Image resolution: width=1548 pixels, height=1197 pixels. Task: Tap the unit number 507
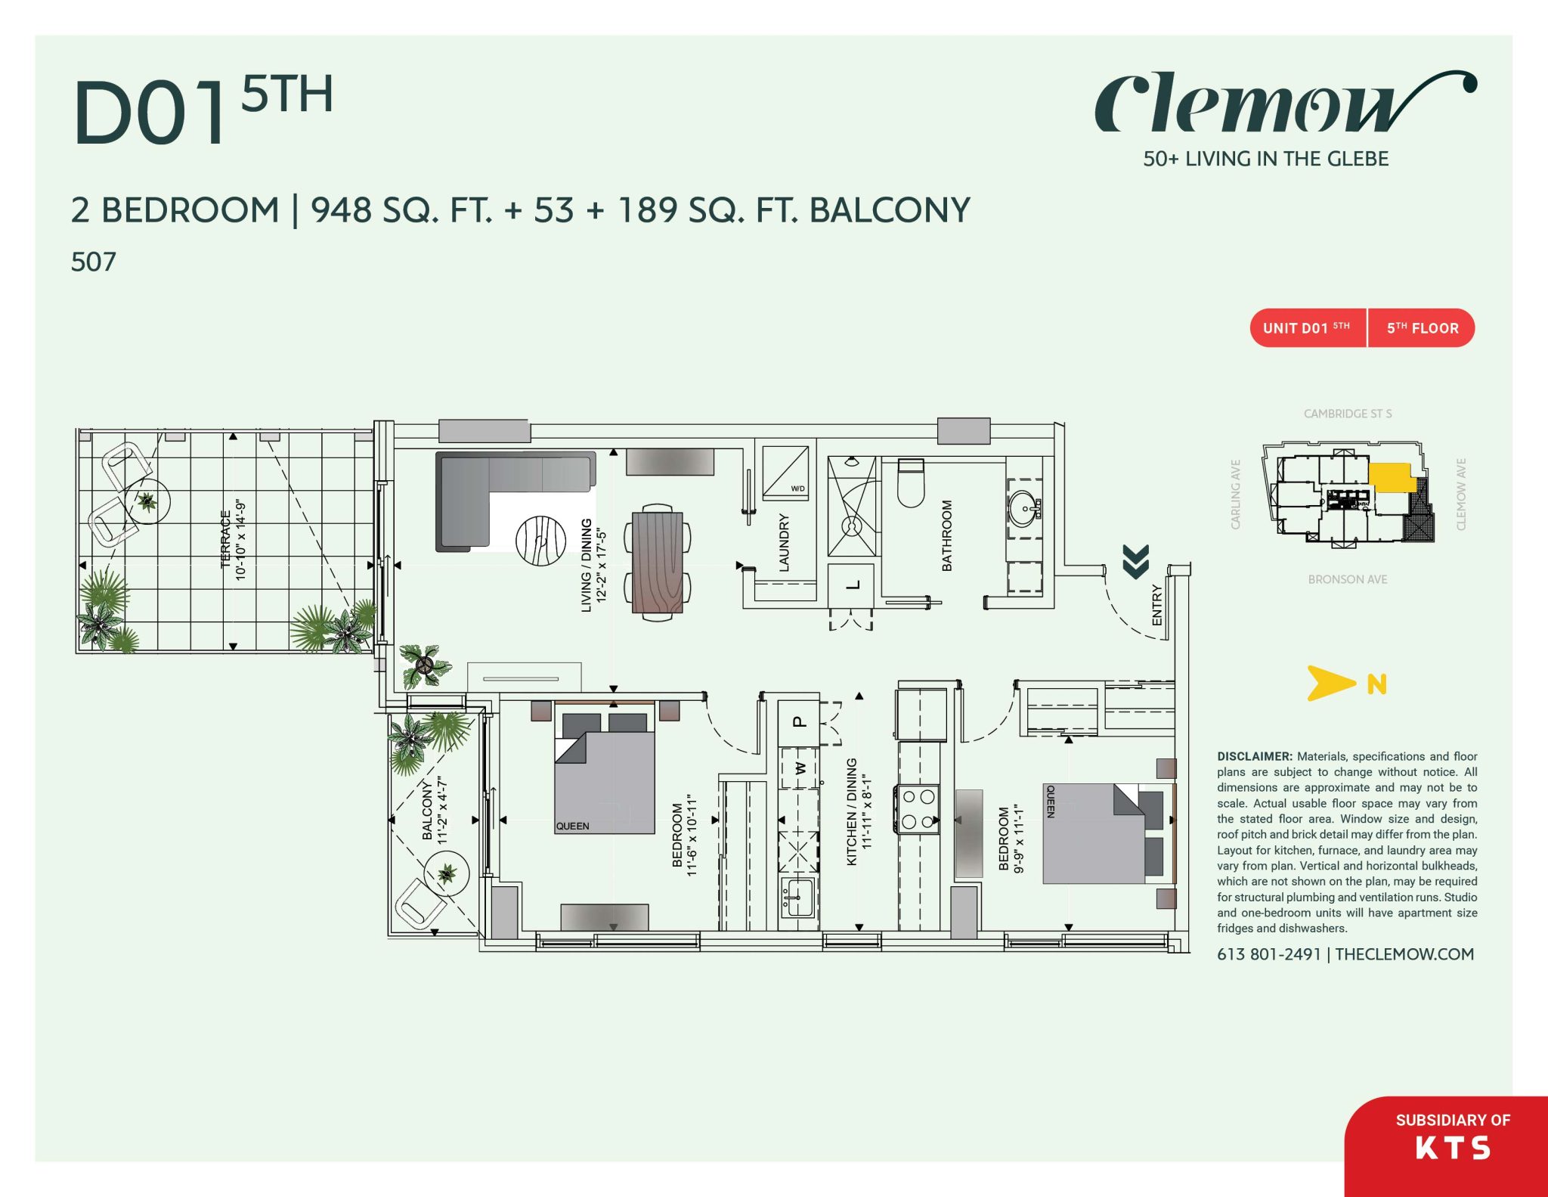tap(93, 262)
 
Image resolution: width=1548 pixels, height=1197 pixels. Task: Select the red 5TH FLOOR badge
tap(1422, 328)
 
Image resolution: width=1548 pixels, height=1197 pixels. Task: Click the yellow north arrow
tap(1330, 683)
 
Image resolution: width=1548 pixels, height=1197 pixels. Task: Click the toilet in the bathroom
tap(911, 484)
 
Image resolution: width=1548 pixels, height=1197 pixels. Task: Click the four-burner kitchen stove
tap(918, 809)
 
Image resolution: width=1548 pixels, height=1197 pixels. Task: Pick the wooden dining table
tap(657, 562)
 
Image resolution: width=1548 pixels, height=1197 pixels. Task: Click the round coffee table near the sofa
tap(540, 540)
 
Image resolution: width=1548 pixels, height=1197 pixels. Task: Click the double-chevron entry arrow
tap(1135, 561)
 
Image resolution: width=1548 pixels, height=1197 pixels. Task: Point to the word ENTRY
tap(1156, 604)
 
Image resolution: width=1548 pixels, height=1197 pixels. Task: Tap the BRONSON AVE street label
tap(1347, 579)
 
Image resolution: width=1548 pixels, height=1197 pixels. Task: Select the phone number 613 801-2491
tap(1268, 954)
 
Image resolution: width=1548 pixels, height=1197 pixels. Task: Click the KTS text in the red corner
tap(1452, 1149)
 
